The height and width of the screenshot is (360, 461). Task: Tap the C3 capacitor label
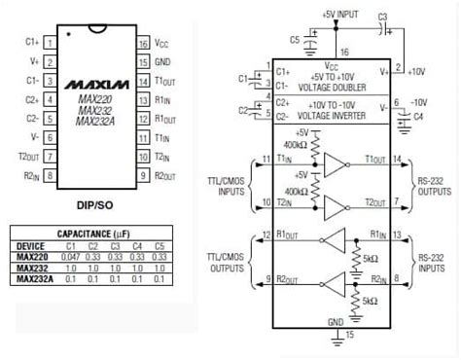point(409,18)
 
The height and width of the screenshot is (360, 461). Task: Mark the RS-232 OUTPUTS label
point(433,171)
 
